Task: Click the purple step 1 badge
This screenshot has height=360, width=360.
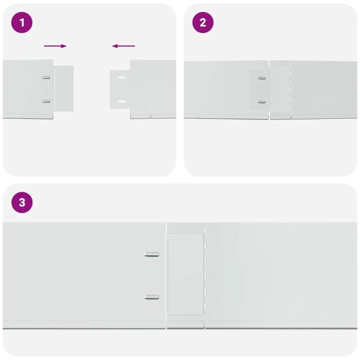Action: (22, 23)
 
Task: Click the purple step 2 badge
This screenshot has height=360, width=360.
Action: (203, 23)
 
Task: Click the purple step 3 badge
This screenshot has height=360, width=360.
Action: (22, 203)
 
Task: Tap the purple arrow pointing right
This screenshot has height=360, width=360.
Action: (55, 46)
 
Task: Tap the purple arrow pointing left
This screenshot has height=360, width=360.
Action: (124, 46)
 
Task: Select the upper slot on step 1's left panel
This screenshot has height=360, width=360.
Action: (46, 77)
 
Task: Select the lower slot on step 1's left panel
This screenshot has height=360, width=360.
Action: (46, 101)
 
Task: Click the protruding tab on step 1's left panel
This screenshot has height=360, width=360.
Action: (64, 88)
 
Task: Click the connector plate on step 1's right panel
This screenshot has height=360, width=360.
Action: (120, 89)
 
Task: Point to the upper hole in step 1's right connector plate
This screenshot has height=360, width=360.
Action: (122, 78)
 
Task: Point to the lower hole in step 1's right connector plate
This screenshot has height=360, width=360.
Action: (122, 101)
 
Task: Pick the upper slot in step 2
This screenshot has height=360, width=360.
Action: (262, 78)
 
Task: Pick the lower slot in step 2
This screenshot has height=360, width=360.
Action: (262, 101)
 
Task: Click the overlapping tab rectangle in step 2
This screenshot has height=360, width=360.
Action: (260, 89)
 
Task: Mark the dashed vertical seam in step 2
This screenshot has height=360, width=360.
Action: (290, 90)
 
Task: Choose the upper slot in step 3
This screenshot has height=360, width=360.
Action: (152, 254)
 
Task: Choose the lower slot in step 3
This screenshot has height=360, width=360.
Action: (152, 296)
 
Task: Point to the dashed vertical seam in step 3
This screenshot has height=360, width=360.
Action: (205, 276)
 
